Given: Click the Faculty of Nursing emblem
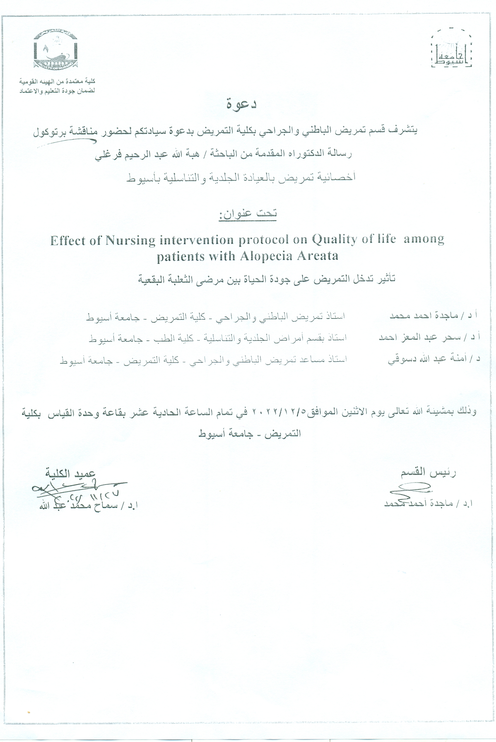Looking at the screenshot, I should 56,49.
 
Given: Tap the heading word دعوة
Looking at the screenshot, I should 241,105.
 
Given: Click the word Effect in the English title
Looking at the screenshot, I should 68,241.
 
